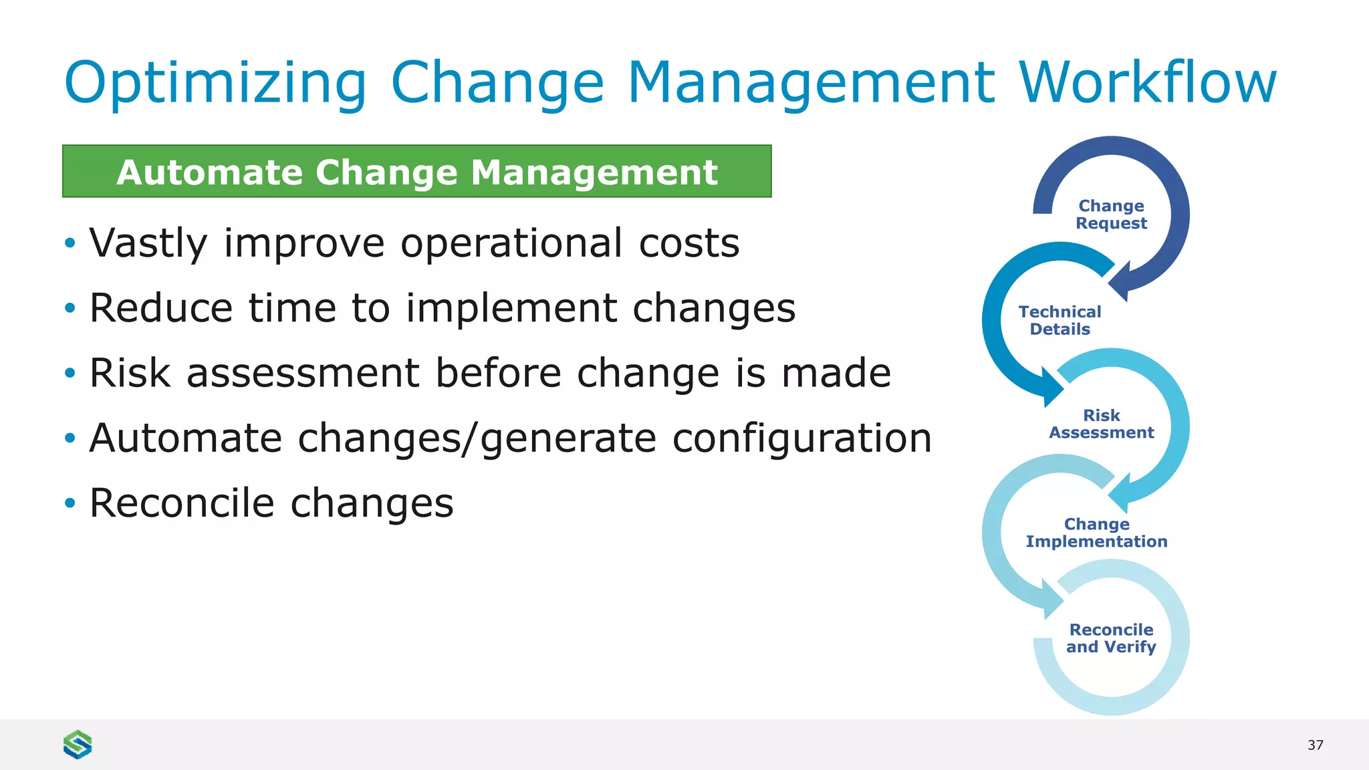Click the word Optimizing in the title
coord(215,83)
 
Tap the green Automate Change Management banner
coord(416,172)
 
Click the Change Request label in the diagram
coord(1111,215)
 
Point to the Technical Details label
coord(1060,320)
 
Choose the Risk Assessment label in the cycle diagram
coord(1101,424)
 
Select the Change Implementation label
coord(1096,533)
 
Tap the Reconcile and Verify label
coord(1111,638)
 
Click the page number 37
coord(1315,745)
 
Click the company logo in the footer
coord(78,744)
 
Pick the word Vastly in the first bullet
coord(148,243)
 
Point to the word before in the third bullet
coord(498,373)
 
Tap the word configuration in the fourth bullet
coord(801,438)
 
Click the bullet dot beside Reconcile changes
coord(70,503)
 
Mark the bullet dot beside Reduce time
coord(70,308)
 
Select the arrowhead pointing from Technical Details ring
coord(1051,388)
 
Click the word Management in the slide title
coord(812,83)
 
